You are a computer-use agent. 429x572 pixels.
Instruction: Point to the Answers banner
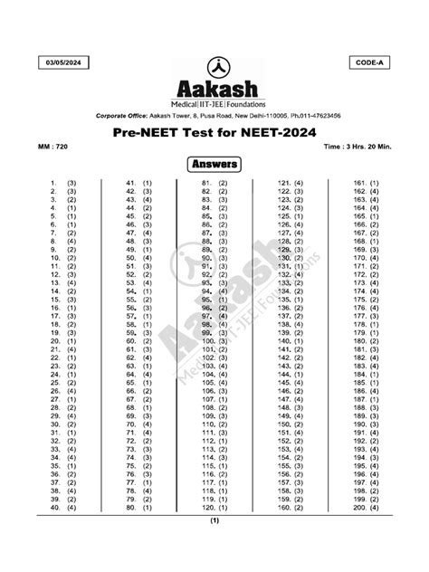coord(214,164)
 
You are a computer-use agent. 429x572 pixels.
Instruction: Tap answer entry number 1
coord(63,183)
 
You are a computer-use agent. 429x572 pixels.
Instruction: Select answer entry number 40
coord(63,508)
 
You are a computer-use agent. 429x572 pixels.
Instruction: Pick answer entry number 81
coord(214,183)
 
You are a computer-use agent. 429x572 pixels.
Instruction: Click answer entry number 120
coord(214,508)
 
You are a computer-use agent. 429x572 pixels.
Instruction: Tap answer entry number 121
coord(290,183)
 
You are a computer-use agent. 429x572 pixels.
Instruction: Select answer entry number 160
coord(290,508)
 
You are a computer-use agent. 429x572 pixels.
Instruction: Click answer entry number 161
coord(366,183)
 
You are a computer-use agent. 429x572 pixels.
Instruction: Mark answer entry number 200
coord(366,508)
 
